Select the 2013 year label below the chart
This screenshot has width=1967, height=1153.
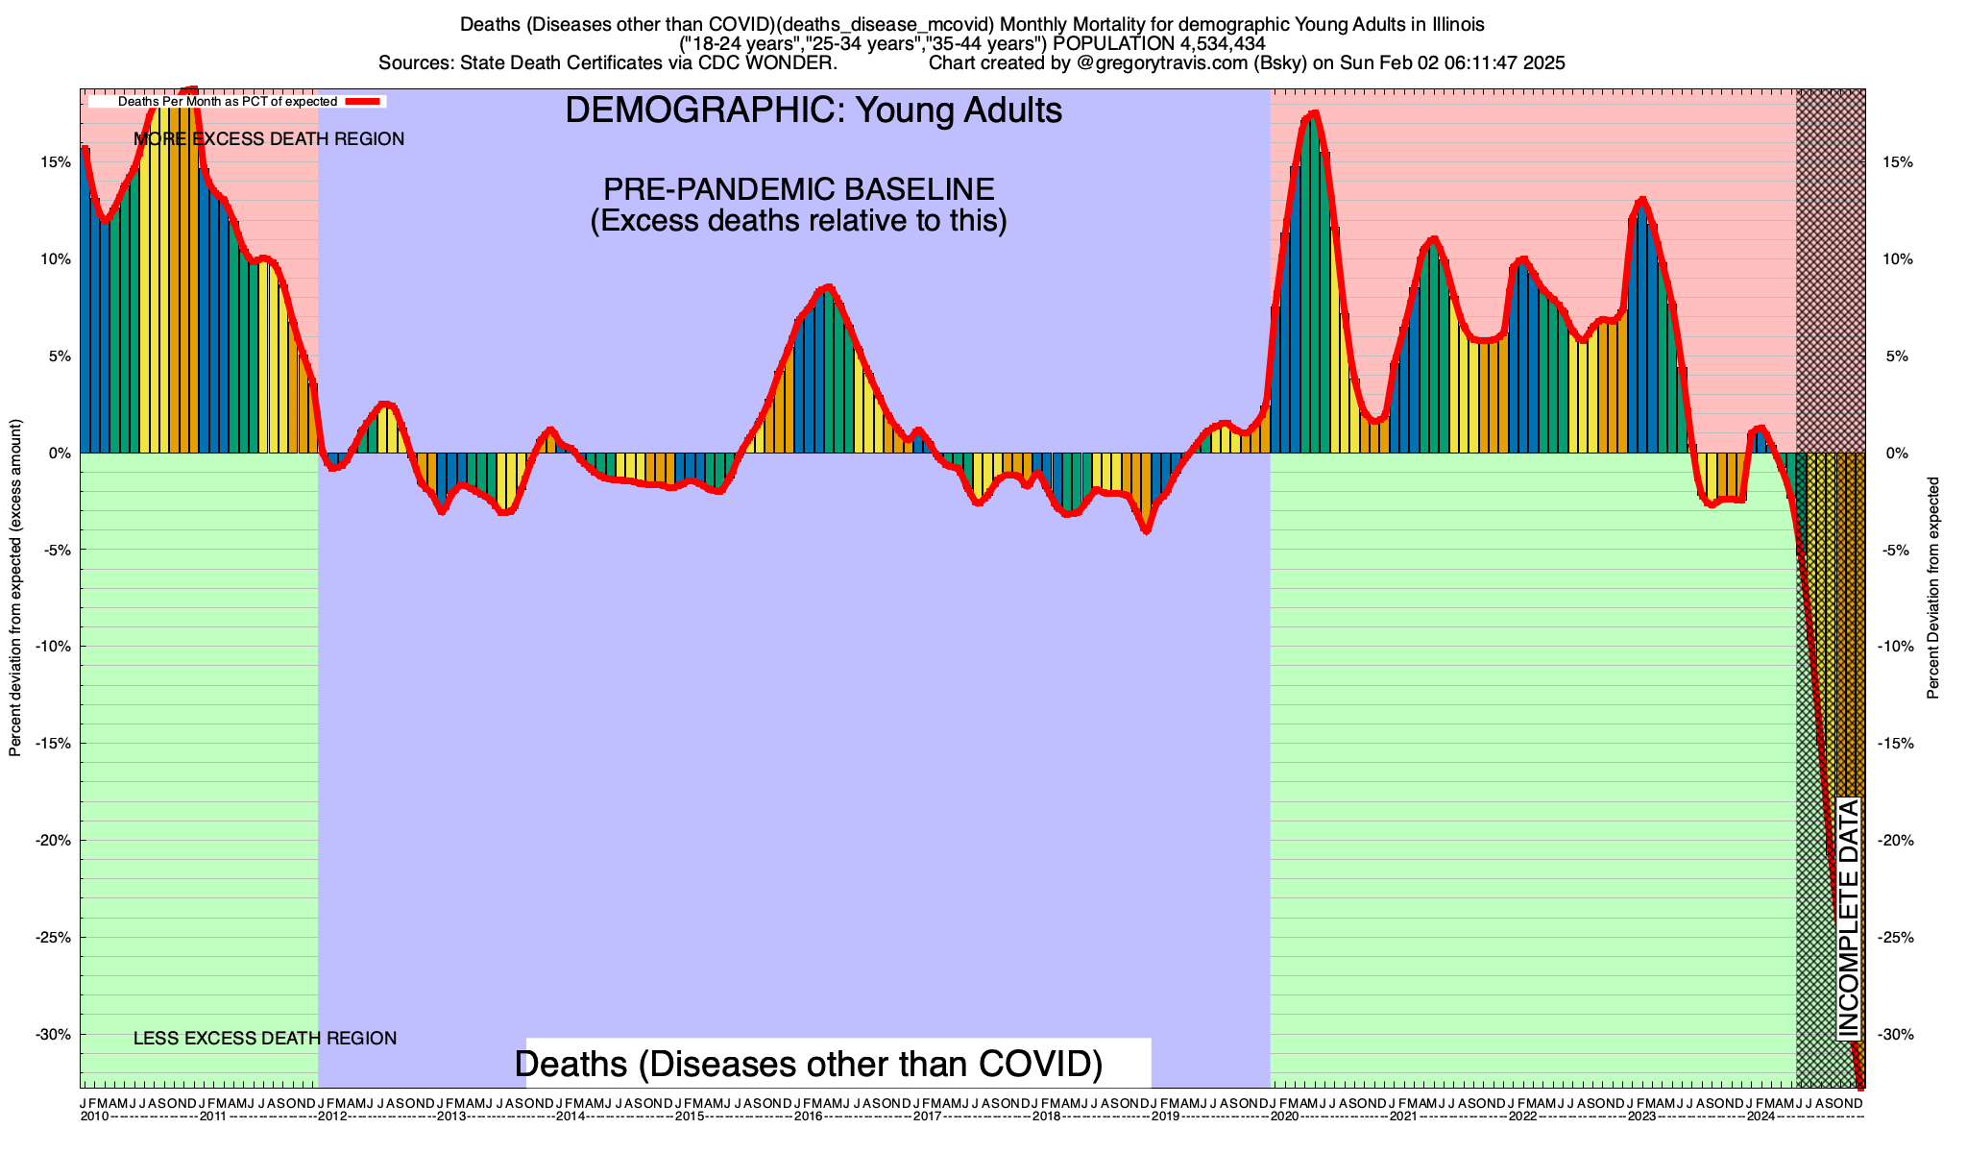[x=451, y=1116]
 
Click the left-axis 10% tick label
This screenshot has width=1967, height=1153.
[x=55, y=259]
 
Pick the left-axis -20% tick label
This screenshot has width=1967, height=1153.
[x=53, y=841]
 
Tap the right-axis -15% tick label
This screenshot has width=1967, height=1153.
[x=1893, y=744]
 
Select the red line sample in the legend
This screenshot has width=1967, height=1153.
[x=365, y=101]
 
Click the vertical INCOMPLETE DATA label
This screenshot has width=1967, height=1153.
[x=1849, y=919]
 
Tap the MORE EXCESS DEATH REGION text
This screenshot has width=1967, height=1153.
[x=269, y=139]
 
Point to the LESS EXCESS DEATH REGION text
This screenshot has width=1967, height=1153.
[x=265, y=1039]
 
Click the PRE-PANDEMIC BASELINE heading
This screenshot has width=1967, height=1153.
[x=798, y=188]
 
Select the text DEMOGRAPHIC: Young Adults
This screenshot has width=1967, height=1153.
[x=814, y=110]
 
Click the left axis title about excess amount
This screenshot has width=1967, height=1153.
[x=15, y=588]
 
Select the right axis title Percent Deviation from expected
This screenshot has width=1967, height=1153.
[x=1933, y=588]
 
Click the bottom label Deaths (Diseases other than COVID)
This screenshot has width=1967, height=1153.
[x=809, y=1064]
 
